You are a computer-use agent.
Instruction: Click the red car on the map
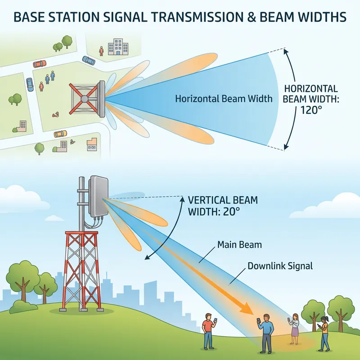coord(40,63)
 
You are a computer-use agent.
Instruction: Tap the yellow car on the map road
coord(60,134)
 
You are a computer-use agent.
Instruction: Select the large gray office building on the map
coord(118,46)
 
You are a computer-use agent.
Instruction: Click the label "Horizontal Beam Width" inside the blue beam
coord(224,99)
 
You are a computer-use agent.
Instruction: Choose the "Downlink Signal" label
coord(280,266)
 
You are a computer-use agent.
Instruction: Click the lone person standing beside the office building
coord(102,50)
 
